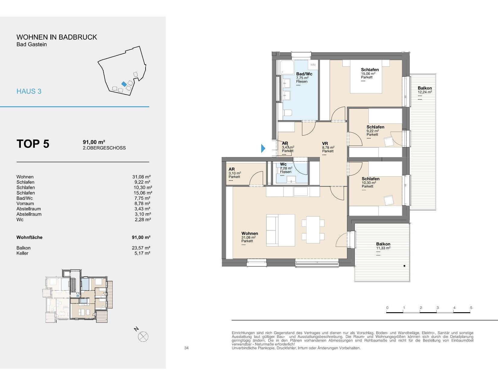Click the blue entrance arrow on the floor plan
click(x=263, y=148)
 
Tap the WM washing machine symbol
click(x=313, y=65)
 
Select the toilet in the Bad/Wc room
click(x=288, y=113)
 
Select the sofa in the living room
click(x=281, y=230)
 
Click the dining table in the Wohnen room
click(x=313, y=230)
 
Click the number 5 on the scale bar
click(x=471, y=308)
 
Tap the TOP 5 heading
click(x=33, y=144)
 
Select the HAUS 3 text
click(x=29, y=91)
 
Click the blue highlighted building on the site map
click(x=124, y=84)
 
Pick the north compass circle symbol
click(x=143, y=337)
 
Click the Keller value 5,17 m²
click(x=142, y=253)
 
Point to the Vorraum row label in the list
click(x=25, y=204)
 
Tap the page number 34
click(x=186, y=348)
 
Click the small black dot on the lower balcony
click(x=404, y=266)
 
